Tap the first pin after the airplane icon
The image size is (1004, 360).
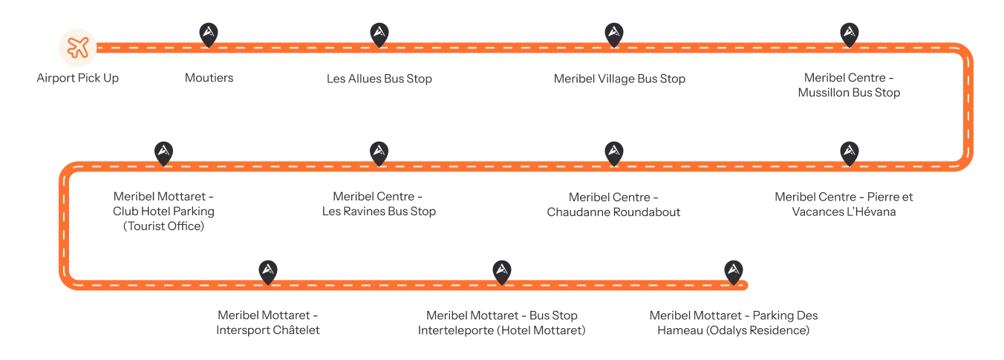point(209,33)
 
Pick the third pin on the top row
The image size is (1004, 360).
point(613,33)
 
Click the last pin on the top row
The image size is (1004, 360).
point(849,33)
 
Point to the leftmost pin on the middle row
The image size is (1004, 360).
point(164,151)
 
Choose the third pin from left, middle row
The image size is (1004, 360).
point(613,151)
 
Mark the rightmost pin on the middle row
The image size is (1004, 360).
point(849,151)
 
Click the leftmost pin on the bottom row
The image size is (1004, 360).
point(267,270)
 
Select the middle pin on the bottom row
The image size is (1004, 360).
point(503,270)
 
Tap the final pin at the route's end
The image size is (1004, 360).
point(734,270)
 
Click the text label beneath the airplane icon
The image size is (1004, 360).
point(77,77)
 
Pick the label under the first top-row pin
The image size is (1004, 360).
point(210,77)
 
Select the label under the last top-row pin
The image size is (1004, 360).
point(849,87)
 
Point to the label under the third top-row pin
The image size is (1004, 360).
point(620,77)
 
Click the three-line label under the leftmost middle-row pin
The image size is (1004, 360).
point(163,212)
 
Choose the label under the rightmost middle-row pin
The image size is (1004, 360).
point(844,205)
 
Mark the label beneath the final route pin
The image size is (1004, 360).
point(734,324)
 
